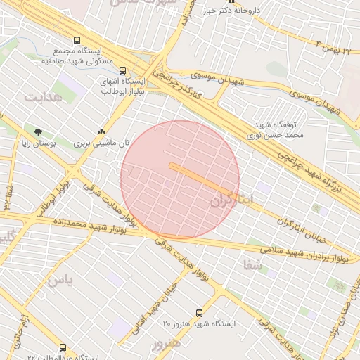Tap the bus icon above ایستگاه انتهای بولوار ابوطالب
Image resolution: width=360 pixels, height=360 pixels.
tap(123, 70)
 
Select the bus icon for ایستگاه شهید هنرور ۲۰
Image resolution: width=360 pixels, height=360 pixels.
tap(199, 313)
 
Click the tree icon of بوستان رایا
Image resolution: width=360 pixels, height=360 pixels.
tap(38, 131)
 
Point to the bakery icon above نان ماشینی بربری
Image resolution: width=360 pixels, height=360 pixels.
tap(102, 131)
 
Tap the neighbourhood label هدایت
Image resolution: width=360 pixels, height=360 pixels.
tap(43, 96)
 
